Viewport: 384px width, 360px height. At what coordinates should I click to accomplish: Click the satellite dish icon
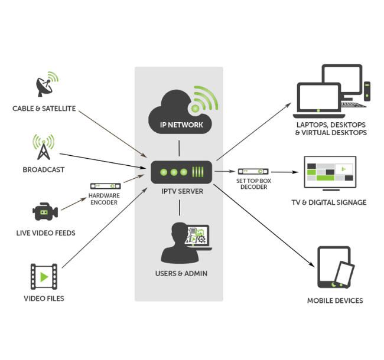click(43, 86)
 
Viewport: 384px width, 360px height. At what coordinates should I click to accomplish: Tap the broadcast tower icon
click(43, 148)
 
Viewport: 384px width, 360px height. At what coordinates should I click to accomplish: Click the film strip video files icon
click(44, 276)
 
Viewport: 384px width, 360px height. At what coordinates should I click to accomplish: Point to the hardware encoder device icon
click(105, 186)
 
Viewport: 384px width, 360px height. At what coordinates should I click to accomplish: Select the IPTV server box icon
click(179, 172)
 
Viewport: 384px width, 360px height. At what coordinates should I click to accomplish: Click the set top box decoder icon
click(252, 172)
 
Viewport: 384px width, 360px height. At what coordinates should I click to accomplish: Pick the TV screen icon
click(330, 172)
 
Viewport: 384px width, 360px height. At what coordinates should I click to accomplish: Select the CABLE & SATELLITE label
click(44, 109)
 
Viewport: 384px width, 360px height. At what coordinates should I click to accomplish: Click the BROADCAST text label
click(44, 170)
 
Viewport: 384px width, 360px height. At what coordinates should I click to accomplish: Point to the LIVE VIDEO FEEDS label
click(45, 234)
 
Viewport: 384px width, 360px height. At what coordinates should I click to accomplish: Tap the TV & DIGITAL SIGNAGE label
click(329, 202)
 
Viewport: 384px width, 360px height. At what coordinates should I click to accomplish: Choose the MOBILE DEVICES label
click(335, 301)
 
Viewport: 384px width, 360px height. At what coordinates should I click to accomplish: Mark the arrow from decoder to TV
click(284, 172)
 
